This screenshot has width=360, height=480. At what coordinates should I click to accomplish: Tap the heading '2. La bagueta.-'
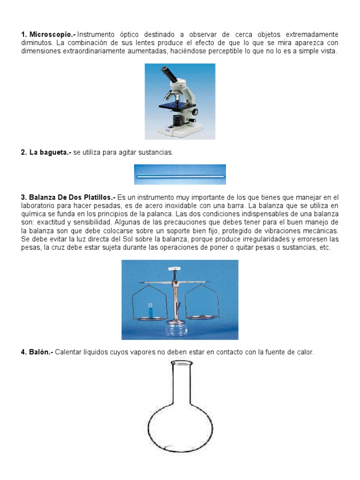(46, 152)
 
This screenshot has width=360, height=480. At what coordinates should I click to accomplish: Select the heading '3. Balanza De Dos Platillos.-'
(68, 197)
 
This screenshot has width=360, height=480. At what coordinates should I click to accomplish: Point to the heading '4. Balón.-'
(37, 352)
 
